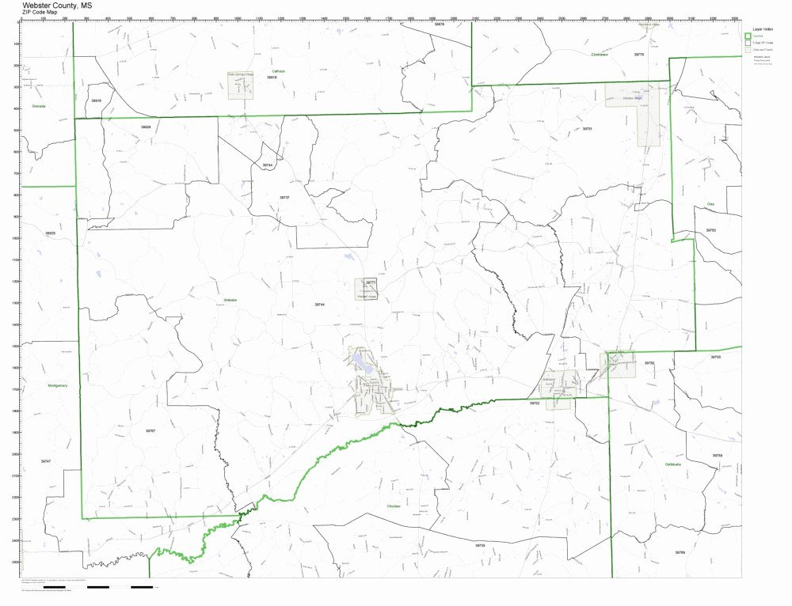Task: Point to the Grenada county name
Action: tap(39, 106)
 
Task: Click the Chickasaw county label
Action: tap(599, 55)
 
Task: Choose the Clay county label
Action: tap(710, 204)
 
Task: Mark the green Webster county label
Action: tap(230, 301)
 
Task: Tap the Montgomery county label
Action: tap(58, 385)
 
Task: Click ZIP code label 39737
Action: tap(284, 197)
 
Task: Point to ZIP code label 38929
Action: tap(146, 127)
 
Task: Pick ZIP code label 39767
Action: tap(150, 430)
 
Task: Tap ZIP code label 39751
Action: tap(587, 128)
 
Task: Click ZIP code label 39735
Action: tap(480, 545)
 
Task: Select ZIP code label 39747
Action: tap(45, 460)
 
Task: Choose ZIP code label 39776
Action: tap(639, 54)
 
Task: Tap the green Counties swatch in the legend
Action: tap(747, 36)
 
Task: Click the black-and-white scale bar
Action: tap(119, 587)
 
